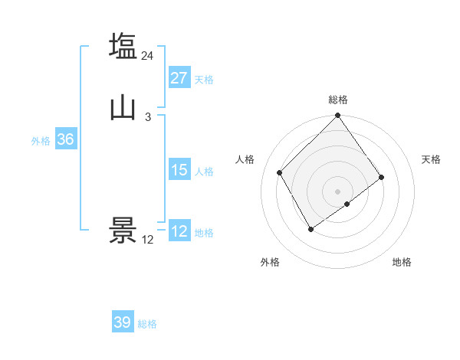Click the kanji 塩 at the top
coord(123,45)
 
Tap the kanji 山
coord(123,107)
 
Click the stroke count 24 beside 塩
coord(148,55)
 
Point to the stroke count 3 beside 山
coord(148,117)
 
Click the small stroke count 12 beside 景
coord(148,240)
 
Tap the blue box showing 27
coord(179,78)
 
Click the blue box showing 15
coord(179,170)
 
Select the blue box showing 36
coord(65,140)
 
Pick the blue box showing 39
coord(123,322)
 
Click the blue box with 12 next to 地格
coord(179,231)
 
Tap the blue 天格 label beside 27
coord(204,80)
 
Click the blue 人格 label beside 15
coord(204,172)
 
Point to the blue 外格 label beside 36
coord(41,141)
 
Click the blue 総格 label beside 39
coord(147,324)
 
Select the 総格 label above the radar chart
coord(337,100)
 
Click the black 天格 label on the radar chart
coord(431,159)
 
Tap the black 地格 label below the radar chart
coord(402,262)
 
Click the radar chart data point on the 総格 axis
coord(337,116)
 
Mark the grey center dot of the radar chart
coord(337,191)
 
